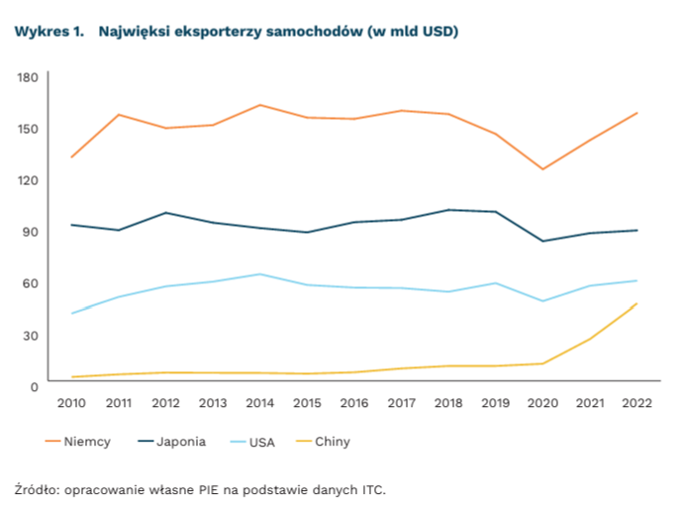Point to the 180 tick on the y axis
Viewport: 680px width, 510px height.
[x=28, y=77]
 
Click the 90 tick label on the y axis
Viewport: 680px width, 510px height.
[x=31, y=232]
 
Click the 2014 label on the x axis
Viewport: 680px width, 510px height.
[x=259, y=402]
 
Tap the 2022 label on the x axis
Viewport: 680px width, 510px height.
[x=635, y=402]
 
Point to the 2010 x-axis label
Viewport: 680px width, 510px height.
[x=71, y=402]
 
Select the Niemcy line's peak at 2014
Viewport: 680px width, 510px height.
[x=259, y=105]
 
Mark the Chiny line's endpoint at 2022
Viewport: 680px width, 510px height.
[x=635, y=303]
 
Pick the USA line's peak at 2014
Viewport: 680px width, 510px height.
[x=259, y=274]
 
